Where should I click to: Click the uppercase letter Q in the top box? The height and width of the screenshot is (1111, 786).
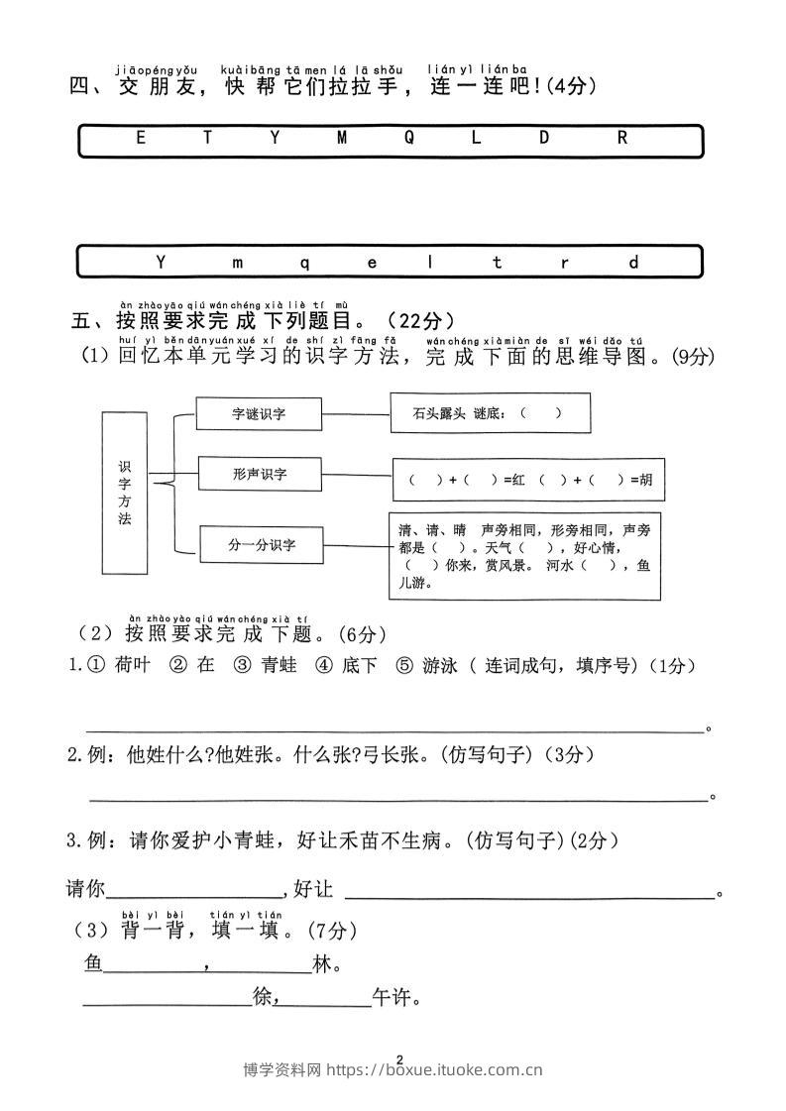pos(409,139)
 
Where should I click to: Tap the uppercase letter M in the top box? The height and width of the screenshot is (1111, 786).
pos(342,139)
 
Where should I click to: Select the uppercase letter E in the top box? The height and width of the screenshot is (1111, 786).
pos(141,139)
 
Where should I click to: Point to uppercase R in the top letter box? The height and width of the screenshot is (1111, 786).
pos(622,139)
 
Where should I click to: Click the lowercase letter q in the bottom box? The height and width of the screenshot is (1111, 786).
pos(304,263)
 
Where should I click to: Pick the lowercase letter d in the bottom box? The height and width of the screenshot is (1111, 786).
pos(634,263)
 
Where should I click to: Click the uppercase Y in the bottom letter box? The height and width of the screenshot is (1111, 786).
pos(163,263)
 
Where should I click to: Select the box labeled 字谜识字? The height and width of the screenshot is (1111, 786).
pos(259,414)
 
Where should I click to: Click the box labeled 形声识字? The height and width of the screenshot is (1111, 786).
pos(260,474)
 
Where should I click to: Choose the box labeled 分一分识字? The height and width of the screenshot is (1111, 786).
pos(262,544)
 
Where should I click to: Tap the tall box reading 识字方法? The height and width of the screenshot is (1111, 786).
pos(124,493)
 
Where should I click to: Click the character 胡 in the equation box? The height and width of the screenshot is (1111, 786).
pos(646,480)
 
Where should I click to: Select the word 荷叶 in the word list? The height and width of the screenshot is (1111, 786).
pos(132,666)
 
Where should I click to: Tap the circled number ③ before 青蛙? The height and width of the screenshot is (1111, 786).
pos(241,666)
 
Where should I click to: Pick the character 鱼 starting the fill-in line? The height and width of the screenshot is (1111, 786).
pos(94,963)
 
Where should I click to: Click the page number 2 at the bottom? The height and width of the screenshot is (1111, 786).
pos(398,1059)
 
